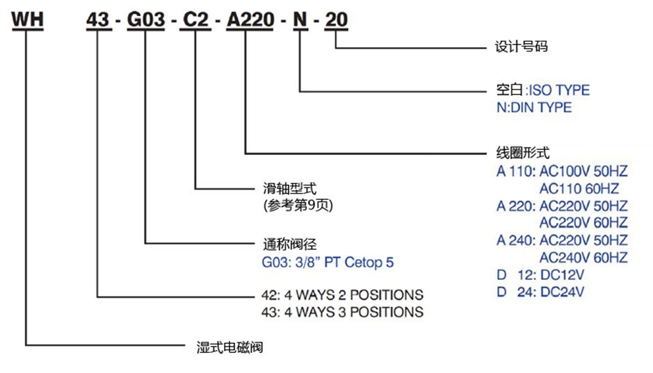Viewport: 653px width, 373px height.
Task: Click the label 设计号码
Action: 517,47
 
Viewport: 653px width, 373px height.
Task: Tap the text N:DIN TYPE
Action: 530,108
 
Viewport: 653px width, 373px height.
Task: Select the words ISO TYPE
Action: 559,90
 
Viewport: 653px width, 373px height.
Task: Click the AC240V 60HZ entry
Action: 583,258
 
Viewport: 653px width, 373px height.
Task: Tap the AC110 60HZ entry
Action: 579,188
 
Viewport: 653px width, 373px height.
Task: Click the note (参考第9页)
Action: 295,206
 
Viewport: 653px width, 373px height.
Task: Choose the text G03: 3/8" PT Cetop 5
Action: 326,263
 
